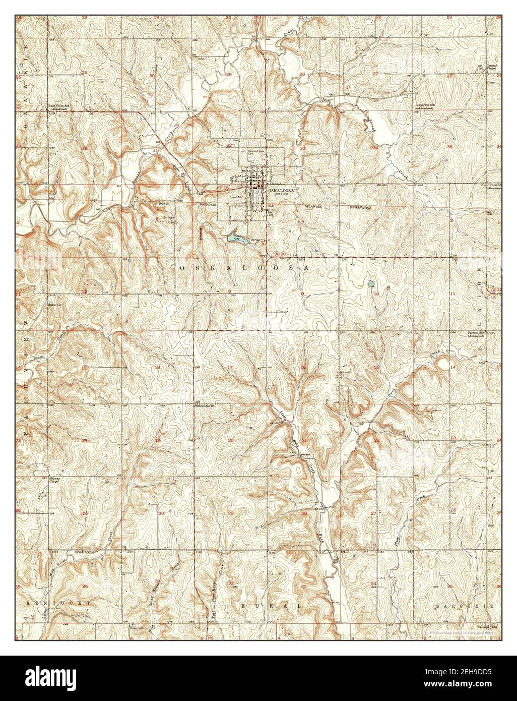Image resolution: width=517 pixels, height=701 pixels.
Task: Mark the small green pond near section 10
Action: click(371, 284)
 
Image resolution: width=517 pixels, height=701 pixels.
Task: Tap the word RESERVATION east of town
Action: click(361, 207)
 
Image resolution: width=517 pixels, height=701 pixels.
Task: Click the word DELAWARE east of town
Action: click(312, 207)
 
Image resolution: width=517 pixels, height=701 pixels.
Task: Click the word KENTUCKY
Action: click(59, 603)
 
